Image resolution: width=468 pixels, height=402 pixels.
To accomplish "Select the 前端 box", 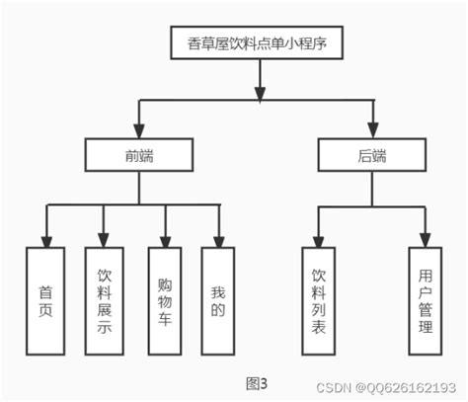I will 136,154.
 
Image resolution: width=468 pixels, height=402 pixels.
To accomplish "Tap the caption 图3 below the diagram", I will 257,382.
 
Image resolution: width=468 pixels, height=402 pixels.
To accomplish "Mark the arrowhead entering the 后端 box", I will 373,130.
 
